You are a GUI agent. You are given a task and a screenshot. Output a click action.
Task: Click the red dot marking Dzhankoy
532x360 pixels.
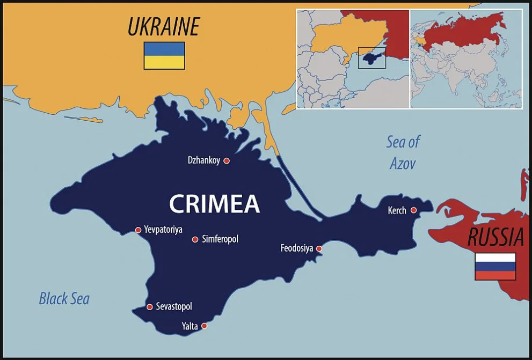click(227, 160)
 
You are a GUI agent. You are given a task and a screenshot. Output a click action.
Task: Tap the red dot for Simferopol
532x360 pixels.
click(195, 239)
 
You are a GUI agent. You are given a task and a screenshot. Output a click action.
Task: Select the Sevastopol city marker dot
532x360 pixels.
click(150, 307)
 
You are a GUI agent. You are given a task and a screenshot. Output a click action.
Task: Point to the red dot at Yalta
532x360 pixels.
click(204, 326)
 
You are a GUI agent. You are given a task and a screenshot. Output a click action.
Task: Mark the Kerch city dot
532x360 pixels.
click(413, 210)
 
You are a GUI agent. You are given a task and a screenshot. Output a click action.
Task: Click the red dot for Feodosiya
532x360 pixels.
click(319, 248)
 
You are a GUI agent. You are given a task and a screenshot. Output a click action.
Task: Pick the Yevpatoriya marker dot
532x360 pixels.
click(138, 230)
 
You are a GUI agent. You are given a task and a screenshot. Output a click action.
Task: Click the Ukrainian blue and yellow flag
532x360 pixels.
click(164, 56)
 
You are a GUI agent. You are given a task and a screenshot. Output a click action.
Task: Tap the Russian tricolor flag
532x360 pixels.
click(495, 267)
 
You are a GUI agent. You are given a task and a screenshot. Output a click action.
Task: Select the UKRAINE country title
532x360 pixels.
click(163, 27)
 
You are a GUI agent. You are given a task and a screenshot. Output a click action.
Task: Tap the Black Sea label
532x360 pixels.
click(64, 298)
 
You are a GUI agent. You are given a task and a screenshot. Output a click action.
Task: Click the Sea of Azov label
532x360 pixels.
click(403, 153)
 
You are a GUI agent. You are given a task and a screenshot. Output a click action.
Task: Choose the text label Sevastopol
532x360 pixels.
click(174, 307)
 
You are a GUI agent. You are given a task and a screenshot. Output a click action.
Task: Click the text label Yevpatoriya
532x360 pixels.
click(163, 230)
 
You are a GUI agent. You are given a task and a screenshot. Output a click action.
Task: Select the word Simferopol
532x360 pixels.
click(220, 239)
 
